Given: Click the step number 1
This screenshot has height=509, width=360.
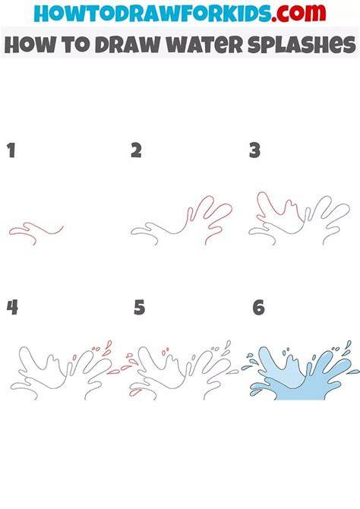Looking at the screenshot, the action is [x=11, y=150].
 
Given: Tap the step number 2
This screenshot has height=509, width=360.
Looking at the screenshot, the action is [x=137, y=150].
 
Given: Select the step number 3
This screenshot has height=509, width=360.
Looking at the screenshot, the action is [x=255, y=150].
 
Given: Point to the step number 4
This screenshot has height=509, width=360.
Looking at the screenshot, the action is [x=12, y=307].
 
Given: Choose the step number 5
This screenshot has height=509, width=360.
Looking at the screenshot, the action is [x=139, y=308].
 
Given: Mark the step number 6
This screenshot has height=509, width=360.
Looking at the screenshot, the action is [x=259, y=308].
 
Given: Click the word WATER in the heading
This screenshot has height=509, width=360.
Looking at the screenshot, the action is [x=205, y=45].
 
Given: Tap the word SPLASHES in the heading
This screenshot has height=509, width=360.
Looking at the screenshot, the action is [x=302, y=45].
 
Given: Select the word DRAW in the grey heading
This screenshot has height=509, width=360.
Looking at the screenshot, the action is [x=128, y=45].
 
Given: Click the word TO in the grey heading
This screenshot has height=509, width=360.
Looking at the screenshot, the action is [x=75, y=45].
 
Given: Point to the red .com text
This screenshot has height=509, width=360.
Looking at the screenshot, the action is [x=298, y=13].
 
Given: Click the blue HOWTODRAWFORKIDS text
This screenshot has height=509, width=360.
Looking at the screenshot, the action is [x=153, y=14].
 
